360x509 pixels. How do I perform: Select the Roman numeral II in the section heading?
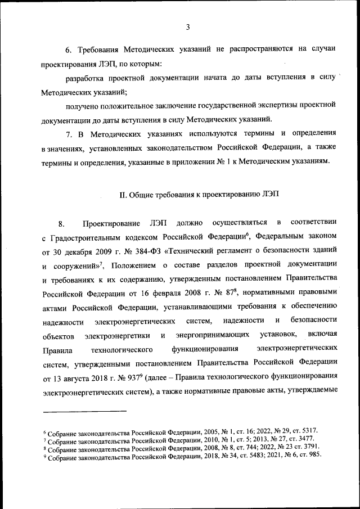[123, 195]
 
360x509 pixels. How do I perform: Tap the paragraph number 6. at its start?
[69, 49]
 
